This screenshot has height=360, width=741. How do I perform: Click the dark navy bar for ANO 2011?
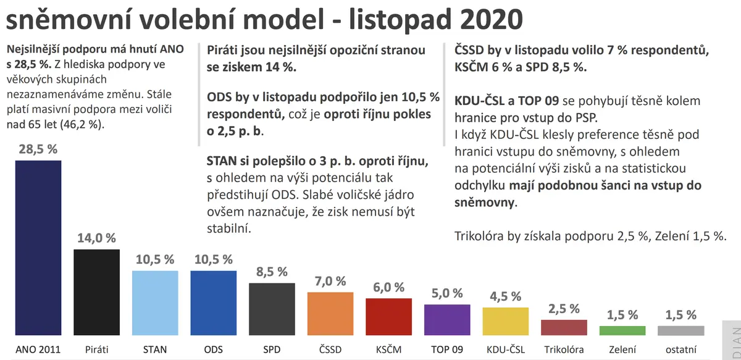click(38, 248)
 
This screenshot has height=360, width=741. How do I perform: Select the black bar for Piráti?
click(96, 292)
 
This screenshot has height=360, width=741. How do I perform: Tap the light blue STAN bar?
click(155, 303)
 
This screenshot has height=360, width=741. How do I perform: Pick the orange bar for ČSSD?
click(330, 314)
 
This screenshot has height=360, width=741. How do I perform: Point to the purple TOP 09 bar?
click(447, 320)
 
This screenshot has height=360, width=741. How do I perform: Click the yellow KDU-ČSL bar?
click(506, 321)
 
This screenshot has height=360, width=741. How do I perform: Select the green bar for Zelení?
click(622, 330)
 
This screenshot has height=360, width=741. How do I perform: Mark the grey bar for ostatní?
click(681, 330)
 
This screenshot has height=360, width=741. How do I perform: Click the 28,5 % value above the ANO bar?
click(38, 149)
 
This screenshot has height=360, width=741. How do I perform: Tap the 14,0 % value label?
click(96, 238)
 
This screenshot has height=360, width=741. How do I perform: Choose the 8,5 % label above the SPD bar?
click(272, 272)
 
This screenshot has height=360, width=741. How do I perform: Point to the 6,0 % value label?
click(388, 287)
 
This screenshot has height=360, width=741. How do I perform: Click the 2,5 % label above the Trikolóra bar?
click(564, 309)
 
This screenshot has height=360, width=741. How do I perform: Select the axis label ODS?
click(214, 350)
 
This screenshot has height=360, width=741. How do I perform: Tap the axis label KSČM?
click(388, 350)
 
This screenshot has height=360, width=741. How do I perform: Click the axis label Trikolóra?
click(564, 350)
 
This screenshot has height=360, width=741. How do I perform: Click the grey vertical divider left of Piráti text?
click(199, 94)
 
